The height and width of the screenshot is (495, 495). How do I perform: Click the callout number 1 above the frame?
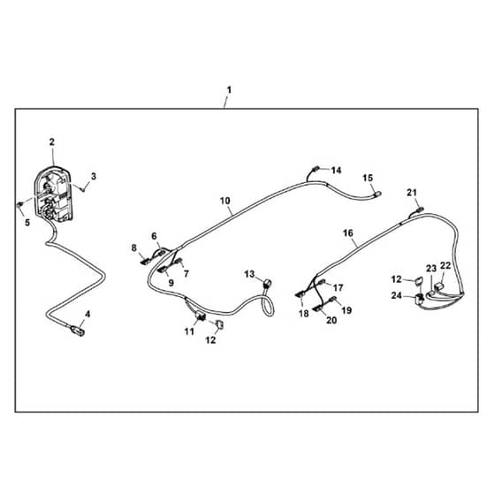point(229,90)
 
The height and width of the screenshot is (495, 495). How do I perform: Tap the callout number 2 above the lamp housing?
point(52,142)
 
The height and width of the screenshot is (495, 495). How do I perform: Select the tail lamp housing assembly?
point(54,194)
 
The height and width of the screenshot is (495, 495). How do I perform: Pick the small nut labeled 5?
point(19,204)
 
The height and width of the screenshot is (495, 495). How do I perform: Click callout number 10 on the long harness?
point(225,201)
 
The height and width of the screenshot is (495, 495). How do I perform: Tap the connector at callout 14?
point(316,169)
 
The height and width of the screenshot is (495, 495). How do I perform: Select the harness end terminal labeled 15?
point(377,194)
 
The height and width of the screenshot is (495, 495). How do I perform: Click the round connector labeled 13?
point(267,282)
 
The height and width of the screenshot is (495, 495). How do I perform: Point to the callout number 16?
point(348,233)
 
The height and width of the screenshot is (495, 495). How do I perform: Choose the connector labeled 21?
point(420,209)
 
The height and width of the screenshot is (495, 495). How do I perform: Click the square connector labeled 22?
point(438,287)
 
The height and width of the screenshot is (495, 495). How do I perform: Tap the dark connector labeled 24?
point(420,298)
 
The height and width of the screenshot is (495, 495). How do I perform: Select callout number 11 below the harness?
point(189,331)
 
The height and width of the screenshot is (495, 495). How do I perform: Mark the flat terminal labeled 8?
point(146,261)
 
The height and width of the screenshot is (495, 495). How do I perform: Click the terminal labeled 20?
point(318,308)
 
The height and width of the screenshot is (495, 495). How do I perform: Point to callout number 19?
point(346,310)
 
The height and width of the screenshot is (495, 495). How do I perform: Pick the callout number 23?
point(431,269)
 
